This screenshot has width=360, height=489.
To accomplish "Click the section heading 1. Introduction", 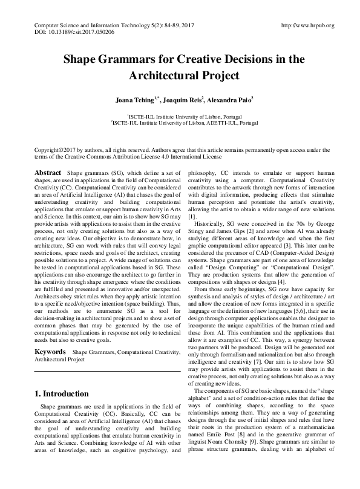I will (62, 394).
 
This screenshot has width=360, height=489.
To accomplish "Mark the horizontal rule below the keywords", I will (105, 370).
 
